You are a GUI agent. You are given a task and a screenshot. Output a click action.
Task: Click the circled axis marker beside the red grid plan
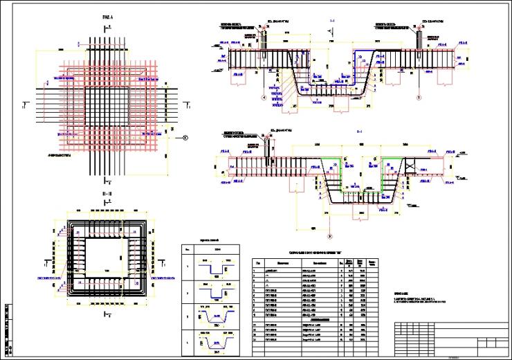point(185,138)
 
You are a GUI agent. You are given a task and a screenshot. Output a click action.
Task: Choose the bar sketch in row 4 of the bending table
point(216,341)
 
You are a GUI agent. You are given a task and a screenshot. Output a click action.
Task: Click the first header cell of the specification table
point(258,263)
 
